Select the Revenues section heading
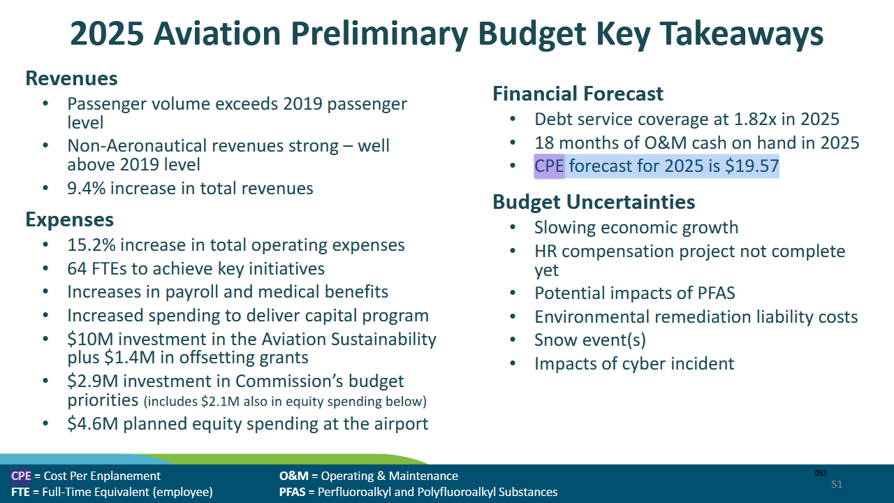[71, 78]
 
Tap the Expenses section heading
[69, 219]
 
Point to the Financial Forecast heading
[578, 94]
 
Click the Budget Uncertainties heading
[594, 202]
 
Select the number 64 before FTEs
[77, 268]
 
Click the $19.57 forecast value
[752, 166]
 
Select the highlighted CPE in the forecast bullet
[549, 166]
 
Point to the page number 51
[837, 484]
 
